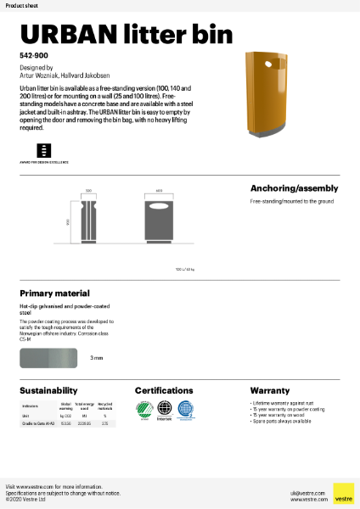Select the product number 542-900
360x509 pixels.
(x=33, y=54)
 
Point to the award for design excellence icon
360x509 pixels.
(x=31, y=150)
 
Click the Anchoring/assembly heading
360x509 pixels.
(x=294, y=188)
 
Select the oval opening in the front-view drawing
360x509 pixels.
(x=158, y=206)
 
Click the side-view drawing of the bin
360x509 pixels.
(x=89, y=222)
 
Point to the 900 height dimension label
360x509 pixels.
(x=69, y=221)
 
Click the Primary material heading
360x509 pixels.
(x=54, y=293)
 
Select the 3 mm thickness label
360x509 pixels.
(x=97, y=358)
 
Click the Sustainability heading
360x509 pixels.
(x=49, y=390)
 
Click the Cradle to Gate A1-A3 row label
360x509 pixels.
(x=37, y=422)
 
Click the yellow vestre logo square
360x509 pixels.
(x=343, y=494)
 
